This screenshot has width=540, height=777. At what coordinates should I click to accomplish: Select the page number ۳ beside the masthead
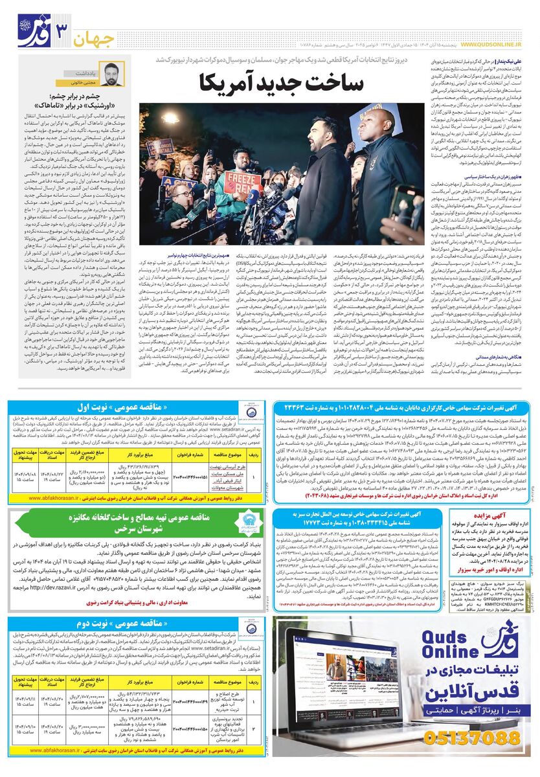[63, 30]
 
